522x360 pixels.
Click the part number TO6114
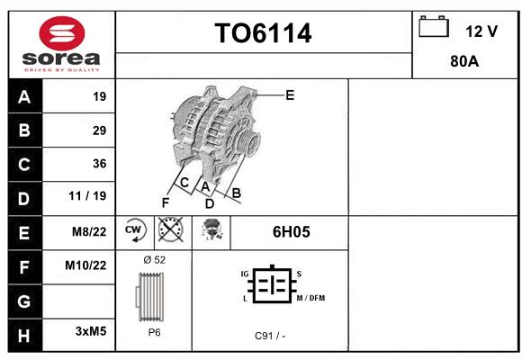point(263,33)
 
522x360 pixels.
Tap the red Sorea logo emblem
point(62,33)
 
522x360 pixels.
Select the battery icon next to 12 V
point(434,27)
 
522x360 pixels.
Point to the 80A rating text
point(464,61)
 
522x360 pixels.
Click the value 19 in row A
point(100,96)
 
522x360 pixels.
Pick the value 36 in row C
point(100,164)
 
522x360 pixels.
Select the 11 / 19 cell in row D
point(87,196)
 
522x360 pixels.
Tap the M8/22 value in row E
point(89,231)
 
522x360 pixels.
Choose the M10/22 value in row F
point(85,265)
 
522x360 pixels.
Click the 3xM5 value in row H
point(91,331)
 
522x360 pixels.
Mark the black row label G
point(24,301)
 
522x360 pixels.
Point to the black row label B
point(24,130)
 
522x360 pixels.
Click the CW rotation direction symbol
point(135,229)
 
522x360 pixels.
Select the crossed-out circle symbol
point(170,229)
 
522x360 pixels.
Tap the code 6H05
point(292,232)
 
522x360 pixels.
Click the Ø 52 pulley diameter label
point(154,260)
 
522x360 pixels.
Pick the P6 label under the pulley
point(154,332)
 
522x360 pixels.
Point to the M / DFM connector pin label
point(310,298)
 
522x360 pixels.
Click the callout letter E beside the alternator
point(290,95)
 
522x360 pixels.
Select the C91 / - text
point(270,336)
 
